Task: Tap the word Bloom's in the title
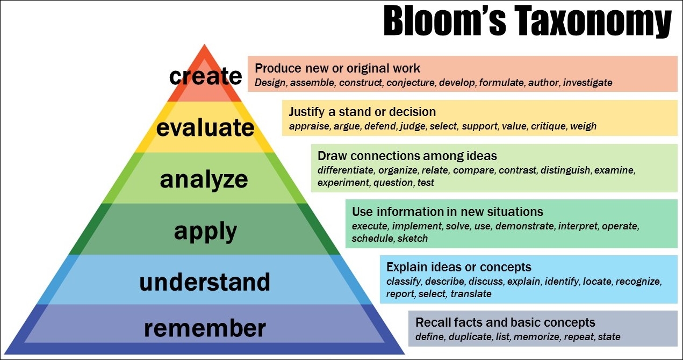coord(444,20)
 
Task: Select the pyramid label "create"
coord(205,76)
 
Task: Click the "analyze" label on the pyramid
coord(204,180)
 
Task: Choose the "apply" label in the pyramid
coord(205,232)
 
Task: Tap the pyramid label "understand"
coord(205,282)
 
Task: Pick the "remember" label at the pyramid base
coord(205,328)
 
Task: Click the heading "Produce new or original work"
coord(337,69)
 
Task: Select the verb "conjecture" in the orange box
coord(411,83)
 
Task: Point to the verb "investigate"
coord(587,83)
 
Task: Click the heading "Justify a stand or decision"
coord(362,112)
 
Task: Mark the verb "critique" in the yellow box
coord(548,126)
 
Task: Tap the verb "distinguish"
coord(565,170)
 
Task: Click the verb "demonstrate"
coord(524,226)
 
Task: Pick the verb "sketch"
coord(413,239)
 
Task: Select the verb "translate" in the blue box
coord(471,294)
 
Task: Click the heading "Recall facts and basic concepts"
coord(505,322)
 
